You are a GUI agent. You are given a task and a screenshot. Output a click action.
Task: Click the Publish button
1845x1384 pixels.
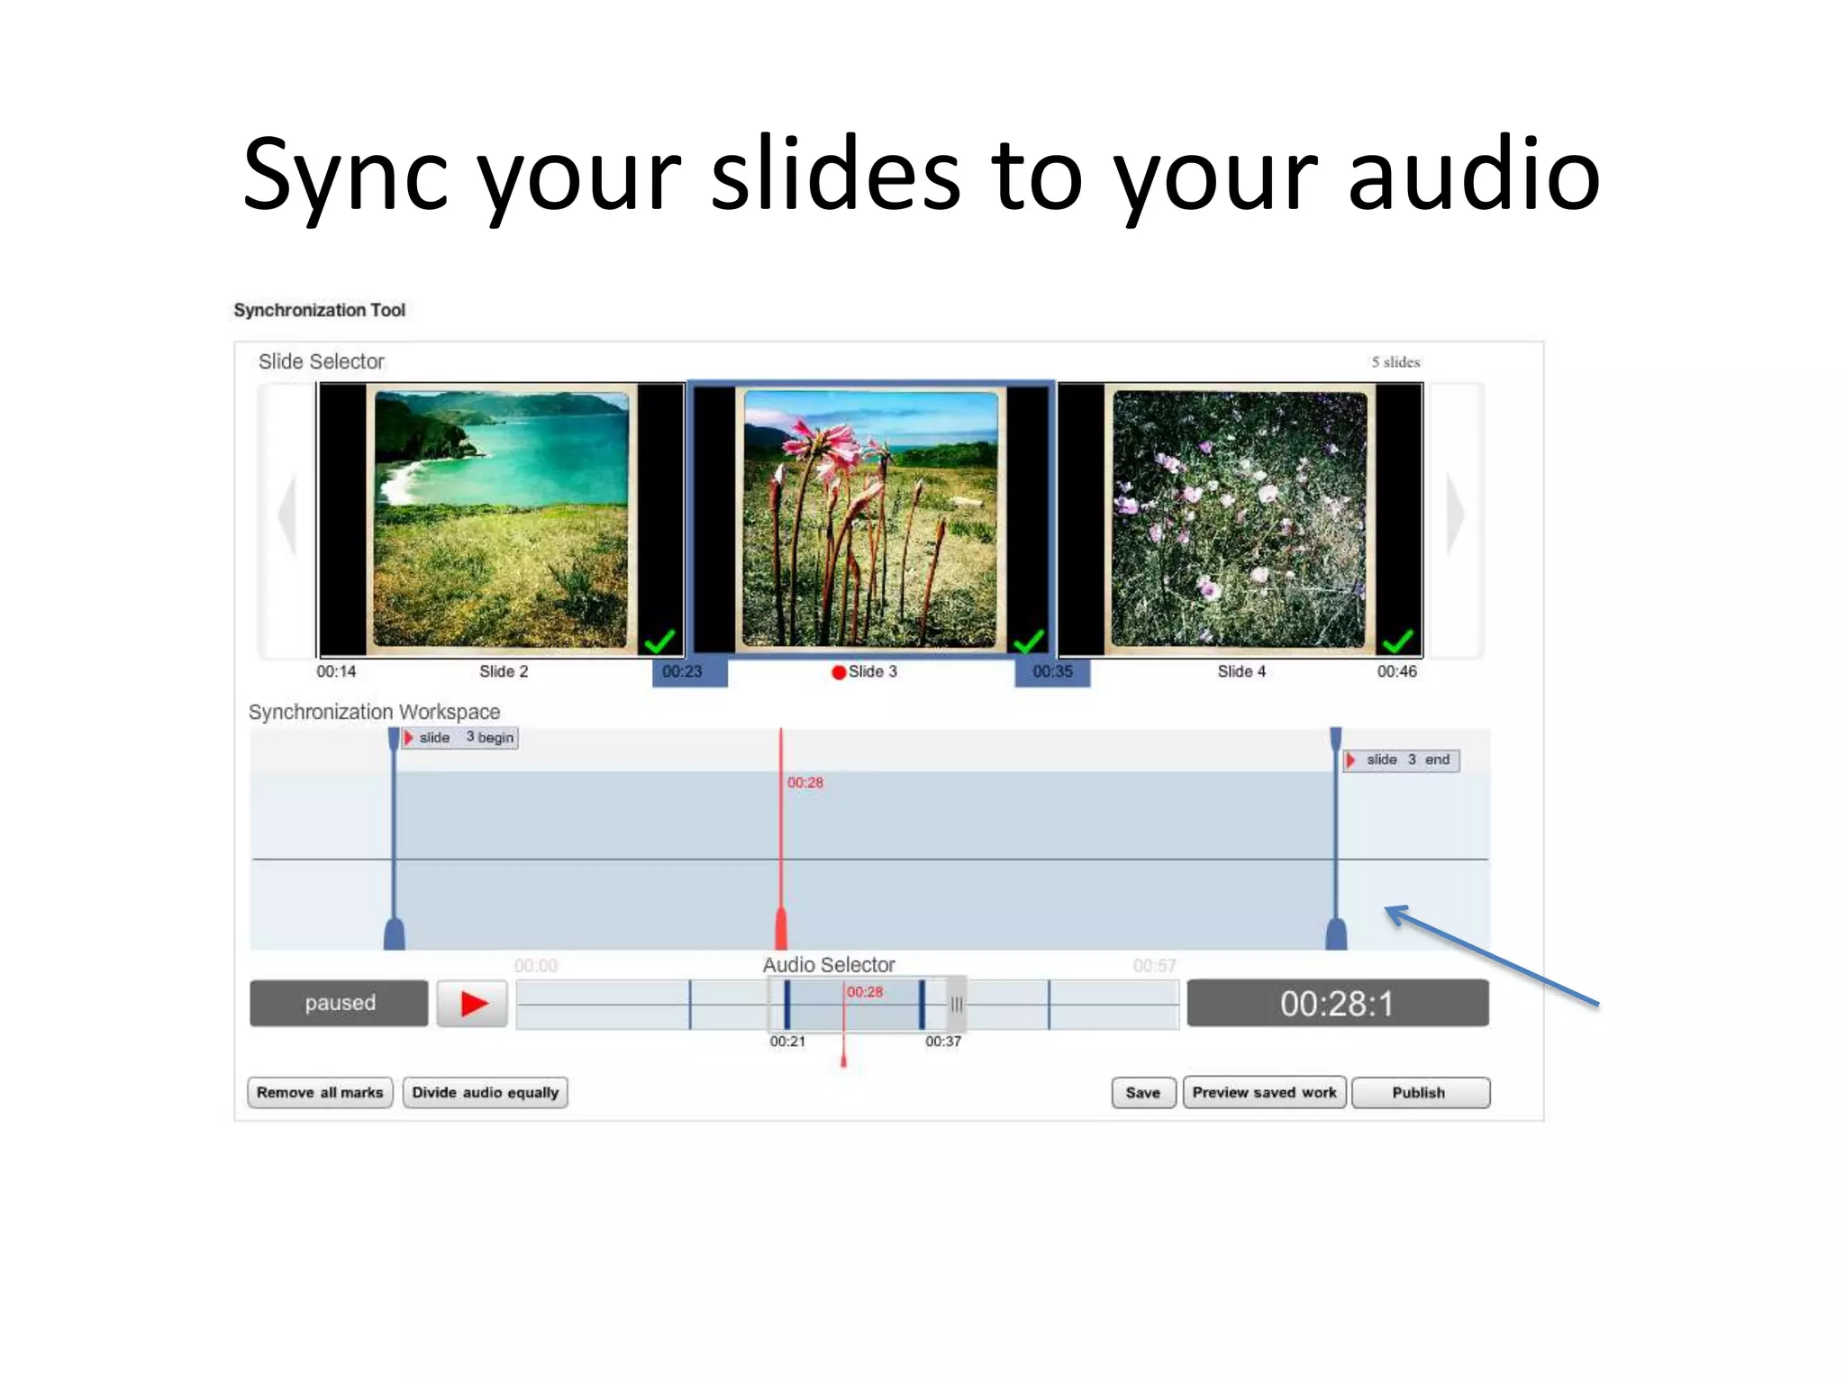point(1420,1093)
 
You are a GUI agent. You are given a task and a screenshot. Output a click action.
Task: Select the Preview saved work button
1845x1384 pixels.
point(1264,1093)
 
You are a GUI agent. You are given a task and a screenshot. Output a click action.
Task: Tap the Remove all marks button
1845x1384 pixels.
point(320,1093)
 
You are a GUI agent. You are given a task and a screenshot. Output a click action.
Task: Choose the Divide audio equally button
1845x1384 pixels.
point(485,1093)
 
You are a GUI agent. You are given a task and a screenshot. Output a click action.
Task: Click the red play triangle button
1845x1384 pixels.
point(473,1004)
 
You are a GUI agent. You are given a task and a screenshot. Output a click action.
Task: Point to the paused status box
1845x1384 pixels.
point(339,1003)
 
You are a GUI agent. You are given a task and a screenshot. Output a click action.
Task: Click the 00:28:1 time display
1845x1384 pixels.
point(1337,1003)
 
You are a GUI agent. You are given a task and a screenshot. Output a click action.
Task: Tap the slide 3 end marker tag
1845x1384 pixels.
point(1403,760)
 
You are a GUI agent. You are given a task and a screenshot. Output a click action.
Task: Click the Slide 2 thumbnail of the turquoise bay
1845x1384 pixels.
point(501,519)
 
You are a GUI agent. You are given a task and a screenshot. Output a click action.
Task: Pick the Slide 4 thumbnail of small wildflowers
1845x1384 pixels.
point(1240,519)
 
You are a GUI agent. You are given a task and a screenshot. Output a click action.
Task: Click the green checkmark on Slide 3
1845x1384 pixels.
point(1028,641)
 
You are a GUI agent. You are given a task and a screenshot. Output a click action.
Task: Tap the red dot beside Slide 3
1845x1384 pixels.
point(839,672)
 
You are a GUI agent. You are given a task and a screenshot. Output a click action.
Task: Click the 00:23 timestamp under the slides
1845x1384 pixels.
point(682,672)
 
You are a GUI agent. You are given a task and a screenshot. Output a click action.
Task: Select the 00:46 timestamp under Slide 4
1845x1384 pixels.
point(1396,672)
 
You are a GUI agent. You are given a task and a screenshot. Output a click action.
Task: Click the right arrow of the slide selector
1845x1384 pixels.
point(1455,515)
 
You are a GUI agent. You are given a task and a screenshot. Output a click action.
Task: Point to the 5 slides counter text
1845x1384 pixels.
point(1395,362)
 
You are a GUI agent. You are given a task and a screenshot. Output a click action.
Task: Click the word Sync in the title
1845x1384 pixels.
point(345,176)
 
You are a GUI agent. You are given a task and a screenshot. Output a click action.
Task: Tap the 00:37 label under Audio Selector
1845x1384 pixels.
point(942,1042)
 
